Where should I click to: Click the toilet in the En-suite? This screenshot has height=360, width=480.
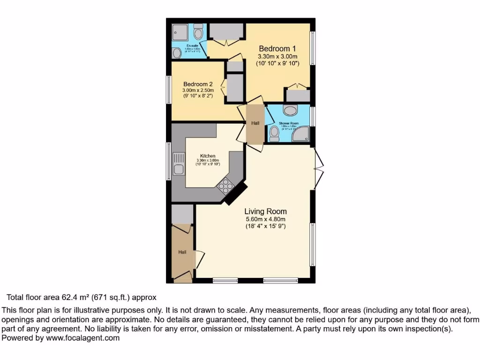[198, 32]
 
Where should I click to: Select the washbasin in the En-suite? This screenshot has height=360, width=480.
[177, 53]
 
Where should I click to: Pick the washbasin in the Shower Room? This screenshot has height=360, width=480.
[291, 111]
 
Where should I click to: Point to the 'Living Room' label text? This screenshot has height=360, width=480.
[266, 211]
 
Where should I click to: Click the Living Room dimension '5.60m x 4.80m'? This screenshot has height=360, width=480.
[266, 219]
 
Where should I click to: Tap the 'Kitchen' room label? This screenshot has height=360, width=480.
[208, 156]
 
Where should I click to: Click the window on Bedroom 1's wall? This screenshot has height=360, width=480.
[313, 48]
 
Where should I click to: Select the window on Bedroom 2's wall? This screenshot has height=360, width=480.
[169, 89]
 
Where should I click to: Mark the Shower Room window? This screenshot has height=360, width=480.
[313, 116]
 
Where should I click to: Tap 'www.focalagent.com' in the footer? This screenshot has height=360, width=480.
[82, 337]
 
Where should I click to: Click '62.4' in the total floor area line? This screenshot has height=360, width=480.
[70, 297]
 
